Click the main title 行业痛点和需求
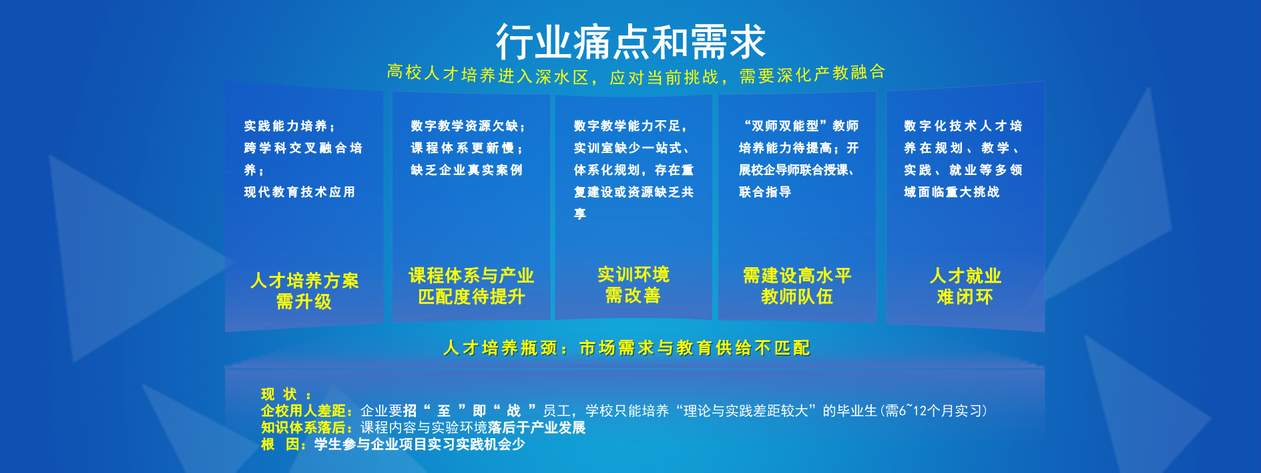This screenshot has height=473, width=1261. click(x=630, y=41)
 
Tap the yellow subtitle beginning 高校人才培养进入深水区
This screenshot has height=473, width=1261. click(x=636, y=74)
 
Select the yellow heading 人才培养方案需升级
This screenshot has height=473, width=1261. click(x=304, y=291)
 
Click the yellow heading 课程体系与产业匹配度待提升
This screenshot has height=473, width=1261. click(x=471, y=286)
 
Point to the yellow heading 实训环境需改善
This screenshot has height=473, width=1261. click(x=633, y=285)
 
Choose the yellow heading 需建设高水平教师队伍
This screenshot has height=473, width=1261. click(x=797, y=286)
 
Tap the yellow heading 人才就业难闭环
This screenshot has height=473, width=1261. click(x=965, y=286)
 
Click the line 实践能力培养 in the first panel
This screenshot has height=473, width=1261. click(x=289, y=126)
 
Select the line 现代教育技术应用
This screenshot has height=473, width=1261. click(x=300, y=192)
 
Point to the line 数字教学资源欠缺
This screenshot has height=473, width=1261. click(x=467, y=126)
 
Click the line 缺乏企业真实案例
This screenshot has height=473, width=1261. click(x=467, y=170)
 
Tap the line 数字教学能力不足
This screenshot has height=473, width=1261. click(x=629, y=126)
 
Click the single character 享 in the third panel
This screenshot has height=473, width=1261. click(x=580, y=214)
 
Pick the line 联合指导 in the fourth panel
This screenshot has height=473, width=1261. click(x=765, y=192)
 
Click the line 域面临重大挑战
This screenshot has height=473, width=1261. click(x=952, y=192)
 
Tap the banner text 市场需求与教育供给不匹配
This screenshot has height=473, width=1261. click(x=694, y=348)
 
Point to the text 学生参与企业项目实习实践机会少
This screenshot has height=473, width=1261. click(x=419, y=444)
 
